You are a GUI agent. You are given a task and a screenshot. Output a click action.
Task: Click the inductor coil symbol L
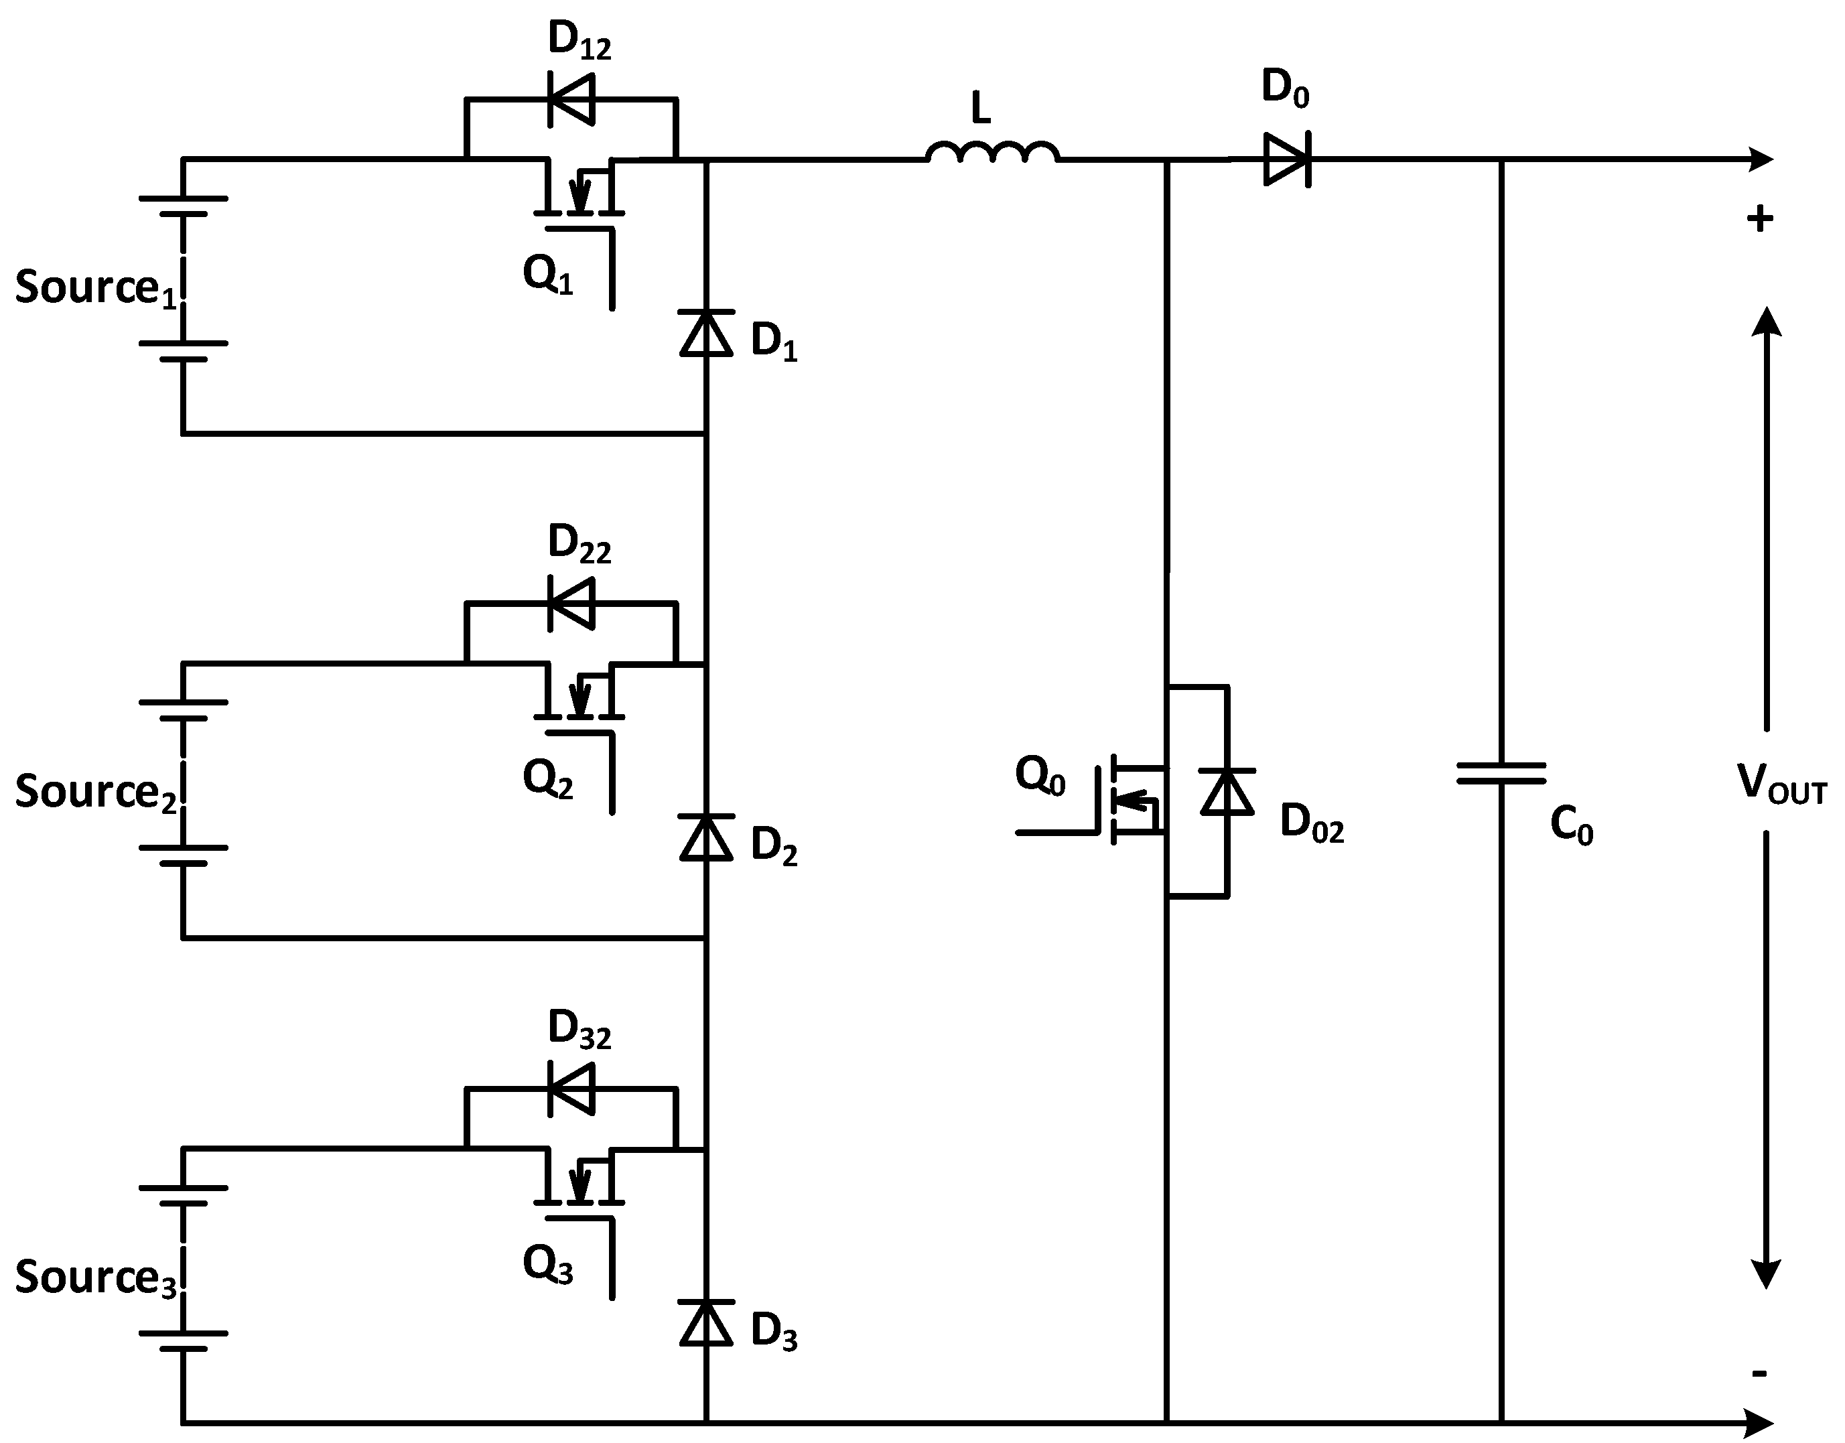coord(992,152)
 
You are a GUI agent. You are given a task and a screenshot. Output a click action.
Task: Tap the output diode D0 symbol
coord(1286,159)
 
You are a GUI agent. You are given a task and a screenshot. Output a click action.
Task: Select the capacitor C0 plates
coord(1501,774)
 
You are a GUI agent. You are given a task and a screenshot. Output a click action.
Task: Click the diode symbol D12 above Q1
coord(572,100)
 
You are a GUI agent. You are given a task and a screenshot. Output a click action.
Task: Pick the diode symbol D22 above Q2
coord(572,603)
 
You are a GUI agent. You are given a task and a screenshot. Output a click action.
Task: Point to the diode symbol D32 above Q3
coord(572,1089)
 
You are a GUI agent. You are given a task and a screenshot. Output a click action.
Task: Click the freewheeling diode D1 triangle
coord(706,334)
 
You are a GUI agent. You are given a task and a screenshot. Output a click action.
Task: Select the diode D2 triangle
coord(706,837)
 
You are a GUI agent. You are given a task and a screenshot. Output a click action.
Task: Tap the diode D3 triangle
coord(706,1323)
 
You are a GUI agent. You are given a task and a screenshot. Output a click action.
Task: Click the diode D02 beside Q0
coord(1227,792)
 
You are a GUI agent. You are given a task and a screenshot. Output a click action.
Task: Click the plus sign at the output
coord(1760,220)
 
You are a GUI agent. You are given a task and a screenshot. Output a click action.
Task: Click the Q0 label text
coord(1040,774)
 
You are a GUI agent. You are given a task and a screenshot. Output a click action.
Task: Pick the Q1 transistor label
coord(547,275)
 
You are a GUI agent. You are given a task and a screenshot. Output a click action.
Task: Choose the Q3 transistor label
coord(547,1265)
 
